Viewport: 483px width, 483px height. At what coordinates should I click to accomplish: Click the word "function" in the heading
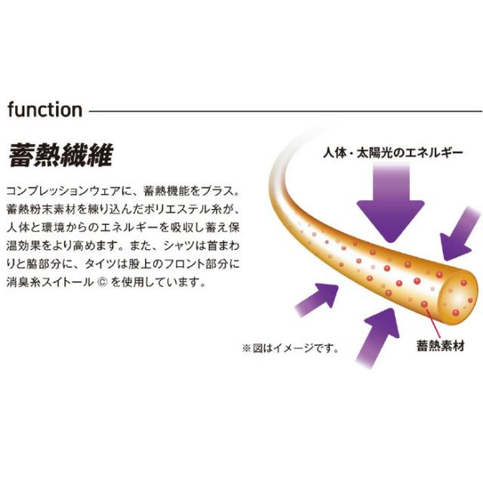[45, 110]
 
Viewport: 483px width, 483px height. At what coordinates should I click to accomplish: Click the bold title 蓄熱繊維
[61, 155]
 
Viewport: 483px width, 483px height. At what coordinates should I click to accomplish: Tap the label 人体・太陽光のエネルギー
[392, 152]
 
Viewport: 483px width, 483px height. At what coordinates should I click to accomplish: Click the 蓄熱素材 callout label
[441, 346]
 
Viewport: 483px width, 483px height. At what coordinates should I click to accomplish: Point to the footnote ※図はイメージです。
[291, 349]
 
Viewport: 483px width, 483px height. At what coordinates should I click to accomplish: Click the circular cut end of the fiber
[458, 297]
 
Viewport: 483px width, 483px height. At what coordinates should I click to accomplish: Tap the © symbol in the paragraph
[102, 282]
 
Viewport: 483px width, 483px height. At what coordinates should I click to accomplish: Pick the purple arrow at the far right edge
[460, 233]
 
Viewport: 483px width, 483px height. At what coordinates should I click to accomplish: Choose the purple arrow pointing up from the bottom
[379, 337]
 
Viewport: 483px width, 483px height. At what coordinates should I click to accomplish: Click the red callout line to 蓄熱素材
[432, 322]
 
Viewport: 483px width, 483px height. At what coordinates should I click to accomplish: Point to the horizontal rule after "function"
[285, 111]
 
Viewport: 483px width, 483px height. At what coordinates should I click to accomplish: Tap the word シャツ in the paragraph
[175, 246]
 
